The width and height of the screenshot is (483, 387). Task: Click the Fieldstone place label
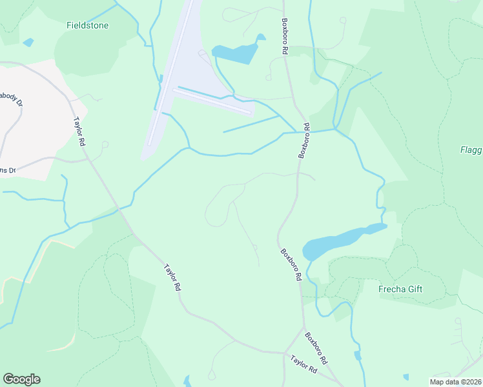(x=87, y=26)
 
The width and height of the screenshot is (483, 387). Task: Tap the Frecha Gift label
(x=400, y=289)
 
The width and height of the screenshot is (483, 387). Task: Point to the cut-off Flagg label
(x=471, y=150)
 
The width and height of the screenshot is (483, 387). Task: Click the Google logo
(x=21, y=379)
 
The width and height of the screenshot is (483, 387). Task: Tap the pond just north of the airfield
(x=236, y=54)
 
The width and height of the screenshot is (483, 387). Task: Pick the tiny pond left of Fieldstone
(x=28, y=43)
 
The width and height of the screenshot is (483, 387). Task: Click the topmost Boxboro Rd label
(x=284, y=35)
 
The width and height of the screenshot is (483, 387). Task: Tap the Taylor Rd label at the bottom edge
(x=303, y=364)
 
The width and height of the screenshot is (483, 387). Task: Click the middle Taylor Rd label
(x=172, y=277)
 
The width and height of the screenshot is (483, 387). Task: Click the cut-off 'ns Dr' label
(x=8, y=170)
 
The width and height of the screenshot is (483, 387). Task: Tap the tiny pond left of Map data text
(x=406, y=377)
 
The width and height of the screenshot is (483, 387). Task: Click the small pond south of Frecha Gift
(x=358, y=355)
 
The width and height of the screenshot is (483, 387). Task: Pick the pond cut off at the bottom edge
(x=187, y=382)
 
